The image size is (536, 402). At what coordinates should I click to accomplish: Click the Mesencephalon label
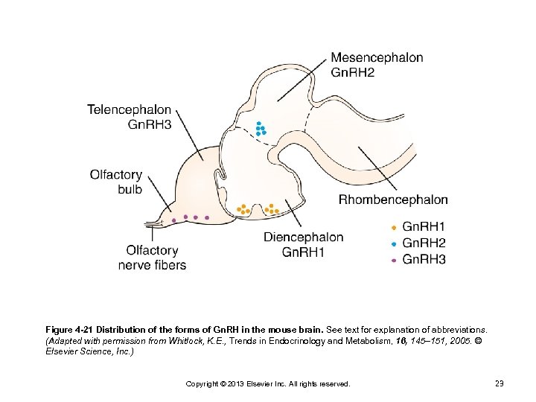tap(377, 57)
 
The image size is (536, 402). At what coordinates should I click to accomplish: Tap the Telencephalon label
tap(129, 110)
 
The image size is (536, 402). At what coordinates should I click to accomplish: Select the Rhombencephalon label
tap(393, 200)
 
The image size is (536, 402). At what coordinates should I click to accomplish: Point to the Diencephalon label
tap(304, 237)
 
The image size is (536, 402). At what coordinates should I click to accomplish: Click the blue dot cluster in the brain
tap(261, 130)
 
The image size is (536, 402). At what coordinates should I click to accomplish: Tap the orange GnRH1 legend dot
tap(393, 226)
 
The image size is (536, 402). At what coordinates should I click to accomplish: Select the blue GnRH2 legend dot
tap(393, 243)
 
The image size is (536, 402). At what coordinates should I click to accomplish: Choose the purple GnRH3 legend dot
tap(393, 260)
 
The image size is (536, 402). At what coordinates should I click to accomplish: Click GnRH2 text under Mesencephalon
tap(353, 72)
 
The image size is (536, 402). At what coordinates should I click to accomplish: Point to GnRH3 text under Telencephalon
tap(150, 125)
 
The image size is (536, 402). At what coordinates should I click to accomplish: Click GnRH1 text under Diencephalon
tap(304, 252)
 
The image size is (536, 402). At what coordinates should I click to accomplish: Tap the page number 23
tap(500, 383)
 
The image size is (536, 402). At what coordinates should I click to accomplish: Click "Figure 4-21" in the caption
tap(69, 329)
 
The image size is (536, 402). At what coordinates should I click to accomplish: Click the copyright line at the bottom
tap(267, 383)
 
